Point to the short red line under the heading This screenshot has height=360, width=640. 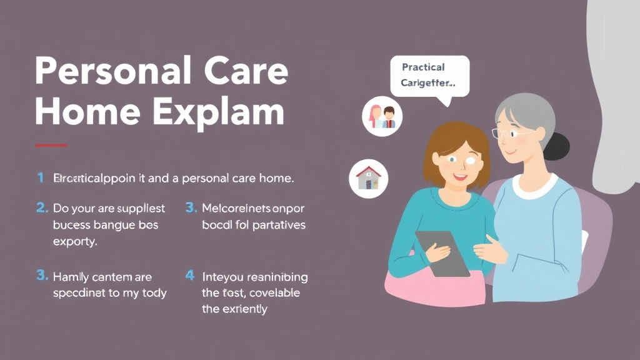click(51, 145)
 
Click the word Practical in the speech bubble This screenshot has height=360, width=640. click(423, 67)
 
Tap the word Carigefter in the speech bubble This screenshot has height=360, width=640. click(428, 82)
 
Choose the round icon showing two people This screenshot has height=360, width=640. click(382, 116)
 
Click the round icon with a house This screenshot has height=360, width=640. click(368, 177)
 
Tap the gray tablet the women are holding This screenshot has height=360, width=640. click(442, 253)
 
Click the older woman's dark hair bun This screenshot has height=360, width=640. click(557, 146)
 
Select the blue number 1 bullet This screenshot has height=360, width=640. click(40, 178)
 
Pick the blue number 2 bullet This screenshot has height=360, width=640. click(41, 208)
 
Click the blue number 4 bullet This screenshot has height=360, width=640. click(190, 276)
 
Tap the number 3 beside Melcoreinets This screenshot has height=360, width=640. click(191, 208)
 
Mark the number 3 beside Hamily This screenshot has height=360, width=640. click(41, 276)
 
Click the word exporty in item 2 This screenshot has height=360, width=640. click(75, 241)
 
